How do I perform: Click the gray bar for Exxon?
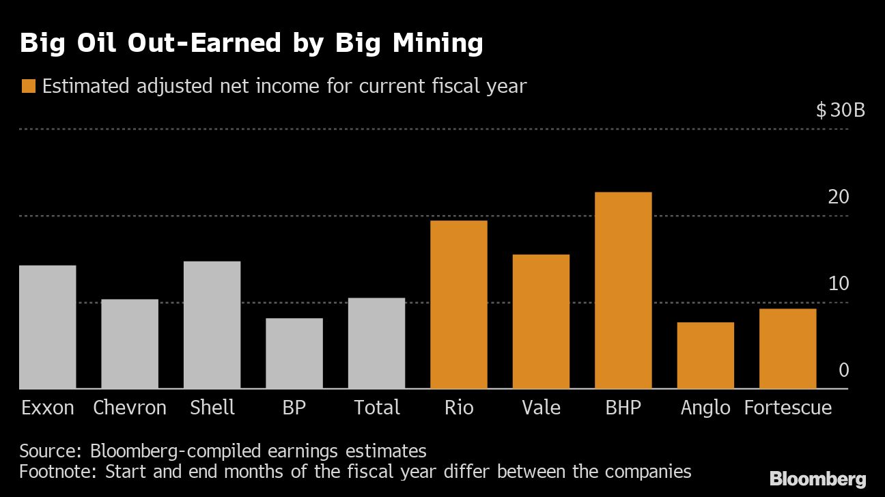click(x=47, y=327)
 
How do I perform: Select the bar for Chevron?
click(x=130, y=344)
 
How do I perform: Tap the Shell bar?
click(x=212, y=325)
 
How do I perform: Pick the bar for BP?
click(x=294, y=354)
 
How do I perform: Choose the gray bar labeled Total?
click(x=376, y=343)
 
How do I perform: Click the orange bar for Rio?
click(x=459, y=304)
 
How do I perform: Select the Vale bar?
click(x=541, y=322)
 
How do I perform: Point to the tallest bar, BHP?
click(x=623, y=290)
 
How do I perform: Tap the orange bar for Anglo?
click(x=705, y=356)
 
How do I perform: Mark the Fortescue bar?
click(x=787, y=349)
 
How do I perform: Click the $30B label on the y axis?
click(x=840, y=110)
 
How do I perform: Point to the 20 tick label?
click(x=839, y=197)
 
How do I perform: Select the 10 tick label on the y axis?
click(x=839, y=284)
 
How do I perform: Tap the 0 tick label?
click(x=844, y=371)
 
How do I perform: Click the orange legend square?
click(x=28, y=87)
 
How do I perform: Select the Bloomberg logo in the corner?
click(x=817, y=479)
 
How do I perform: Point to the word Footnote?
click(x=57, y=471)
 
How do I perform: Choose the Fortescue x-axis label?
click(x=787, y=408)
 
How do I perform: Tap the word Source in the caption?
click(x=49, y=451)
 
